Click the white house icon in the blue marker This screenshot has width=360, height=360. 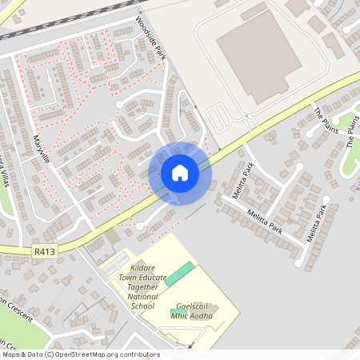(179, 173)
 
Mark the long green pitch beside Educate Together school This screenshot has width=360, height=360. (180, 271)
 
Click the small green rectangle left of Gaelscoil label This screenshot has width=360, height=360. (176, 310)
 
